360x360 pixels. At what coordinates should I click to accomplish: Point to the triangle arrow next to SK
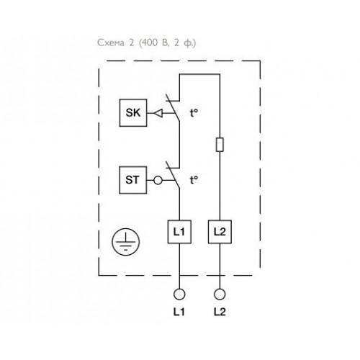pos(158,113)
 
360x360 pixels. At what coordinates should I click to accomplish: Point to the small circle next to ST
pos(158,180)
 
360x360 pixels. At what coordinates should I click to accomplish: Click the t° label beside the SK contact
pos(194,113)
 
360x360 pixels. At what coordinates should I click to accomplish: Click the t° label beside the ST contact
pos(194,180)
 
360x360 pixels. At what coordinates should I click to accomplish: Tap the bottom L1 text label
pos(179,312)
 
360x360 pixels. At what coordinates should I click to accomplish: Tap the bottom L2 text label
pos(220,312)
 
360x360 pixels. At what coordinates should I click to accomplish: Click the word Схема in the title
pos(111,43)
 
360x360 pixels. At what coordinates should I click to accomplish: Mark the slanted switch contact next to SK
pos(172,107)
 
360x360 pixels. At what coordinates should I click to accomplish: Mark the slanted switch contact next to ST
pos(172,175)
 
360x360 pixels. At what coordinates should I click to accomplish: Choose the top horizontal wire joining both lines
pos(199,74)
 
